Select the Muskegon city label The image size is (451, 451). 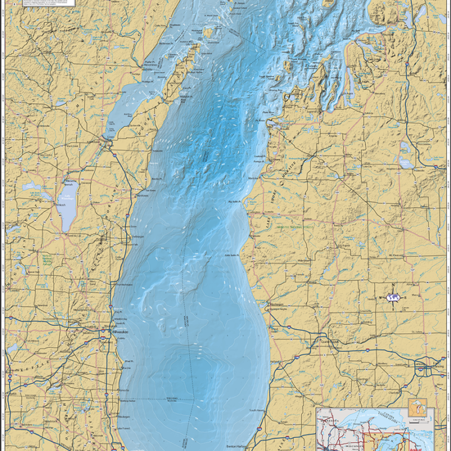point(277,305)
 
